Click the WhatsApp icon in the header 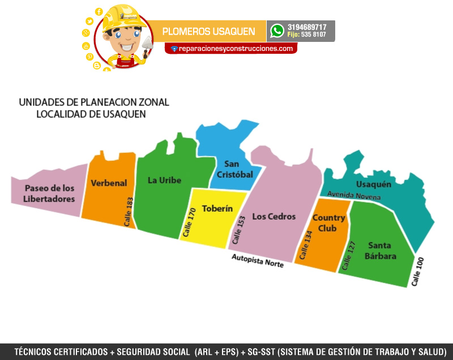pos(277,31)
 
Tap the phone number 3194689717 pos(307,27)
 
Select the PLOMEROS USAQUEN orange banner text pos(208,32)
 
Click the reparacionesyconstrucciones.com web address pos(235,49)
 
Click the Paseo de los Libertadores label pos(49,194)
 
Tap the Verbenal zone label pos(109,183)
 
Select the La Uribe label pos(164,180)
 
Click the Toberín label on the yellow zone pos(217,208)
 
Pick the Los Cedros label pos(274,216)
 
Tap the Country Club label pos(328,223)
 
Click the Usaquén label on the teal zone pos(374,185)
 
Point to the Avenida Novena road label pos(354,196)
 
